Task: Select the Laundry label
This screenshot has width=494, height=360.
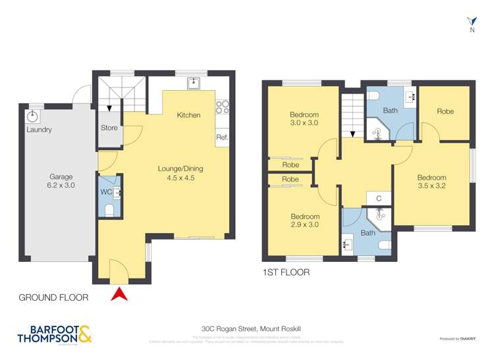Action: [39, 130]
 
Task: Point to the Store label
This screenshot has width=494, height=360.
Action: [109, 128]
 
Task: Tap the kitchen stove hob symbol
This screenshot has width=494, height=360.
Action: [222, 107]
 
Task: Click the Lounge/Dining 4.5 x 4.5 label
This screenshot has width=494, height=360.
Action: [180, 173]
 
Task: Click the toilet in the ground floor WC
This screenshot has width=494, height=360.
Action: [110, 210]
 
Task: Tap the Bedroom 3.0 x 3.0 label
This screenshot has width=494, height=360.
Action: [304, 118]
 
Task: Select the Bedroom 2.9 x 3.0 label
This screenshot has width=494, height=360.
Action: [305, 221]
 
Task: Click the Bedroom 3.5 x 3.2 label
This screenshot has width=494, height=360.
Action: [431, 182]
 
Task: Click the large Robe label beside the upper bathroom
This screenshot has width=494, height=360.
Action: [445, 112]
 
